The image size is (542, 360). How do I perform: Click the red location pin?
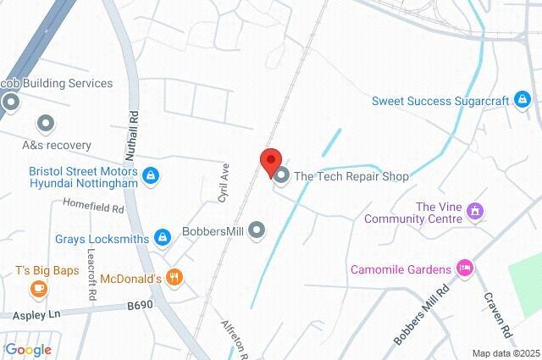pyautogui.click(x=270, y=161)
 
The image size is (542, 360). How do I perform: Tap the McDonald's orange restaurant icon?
pyautogui.click(x=174, y=277)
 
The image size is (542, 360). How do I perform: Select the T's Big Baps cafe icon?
pyautogui.click(x=38, y=289)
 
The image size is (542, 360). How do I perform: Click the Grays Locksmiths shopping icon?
pyautogui.click(x=162, y=238)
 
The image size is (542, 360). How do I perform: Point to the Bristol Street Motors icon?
pyautogui.click(x=151, y=175)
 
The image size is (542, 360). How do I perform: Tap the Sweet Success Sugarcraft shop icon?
pyautogui.click(x=523, y=102)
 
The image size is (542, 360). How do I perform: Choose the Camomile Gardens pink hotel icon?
pyautogui.click(x=463, y=269)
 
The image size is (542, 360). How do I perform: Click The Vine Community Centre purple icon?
pyautogui.click(x=475, y=210)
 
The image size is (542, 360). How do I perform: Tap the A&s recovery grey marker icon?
pyautogui.click(x=46, y=125)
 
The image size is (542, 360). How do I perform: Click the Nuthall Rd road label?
pyautogui.click(x=133, y=132)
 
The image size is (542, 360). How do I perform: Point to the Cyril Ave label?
pyautogui.click(x=224, y=181)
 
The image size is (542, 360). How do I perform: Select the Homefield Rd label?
pyautogui.click(x=93, y=205)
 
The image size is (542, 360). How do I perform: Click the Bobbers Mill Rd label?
pyautogui.click(x=421, y=313)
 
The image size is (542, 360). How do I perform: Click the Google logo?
pyautogui.click(x=29, y=349)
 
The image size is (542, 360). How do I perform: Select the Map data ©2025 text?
pyautogui.click(x=505, y=352)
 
